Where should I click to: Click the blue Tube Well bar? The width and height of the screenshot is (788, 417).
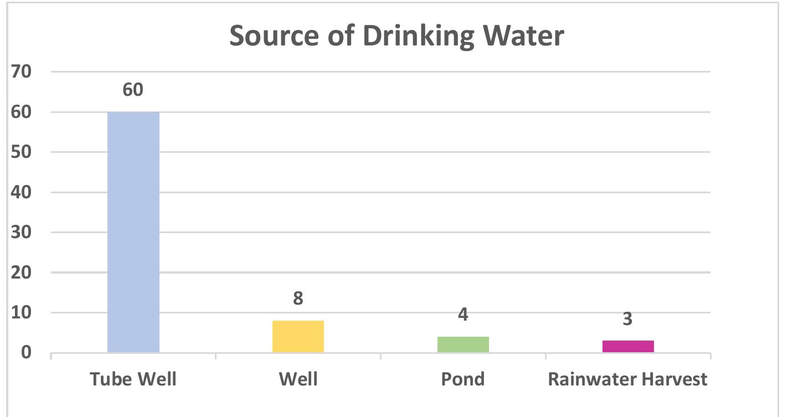[x=133, y=232]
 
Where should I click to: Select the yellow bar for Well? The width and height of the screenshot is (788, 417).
[x=298, y=336]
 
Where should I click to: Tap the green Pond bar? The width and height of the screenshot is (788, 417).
[x=463, y=344]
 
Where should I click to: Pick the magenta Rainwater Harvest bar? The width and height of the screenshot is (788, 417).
[x=628, y=346]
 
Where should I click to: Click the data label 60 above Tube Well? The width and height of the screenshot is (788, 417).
[x=133, y=89]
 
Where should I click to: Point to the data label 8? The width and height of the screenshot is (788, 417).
[x=298, y=298]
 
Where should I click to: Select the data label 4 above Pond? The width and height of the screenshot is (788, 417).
[x=463, y=315]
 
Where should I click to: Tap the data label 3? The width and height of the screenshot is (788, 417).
[x=627, y=319]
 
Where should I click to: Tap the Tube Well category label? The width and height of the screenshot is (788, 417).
[x=133, y=379]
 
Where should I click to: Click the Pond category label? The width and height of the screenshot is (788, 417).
[x=463, y=379]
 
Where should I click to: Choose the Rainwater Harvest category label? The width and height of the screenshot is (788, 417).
[x=627, y=379]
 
